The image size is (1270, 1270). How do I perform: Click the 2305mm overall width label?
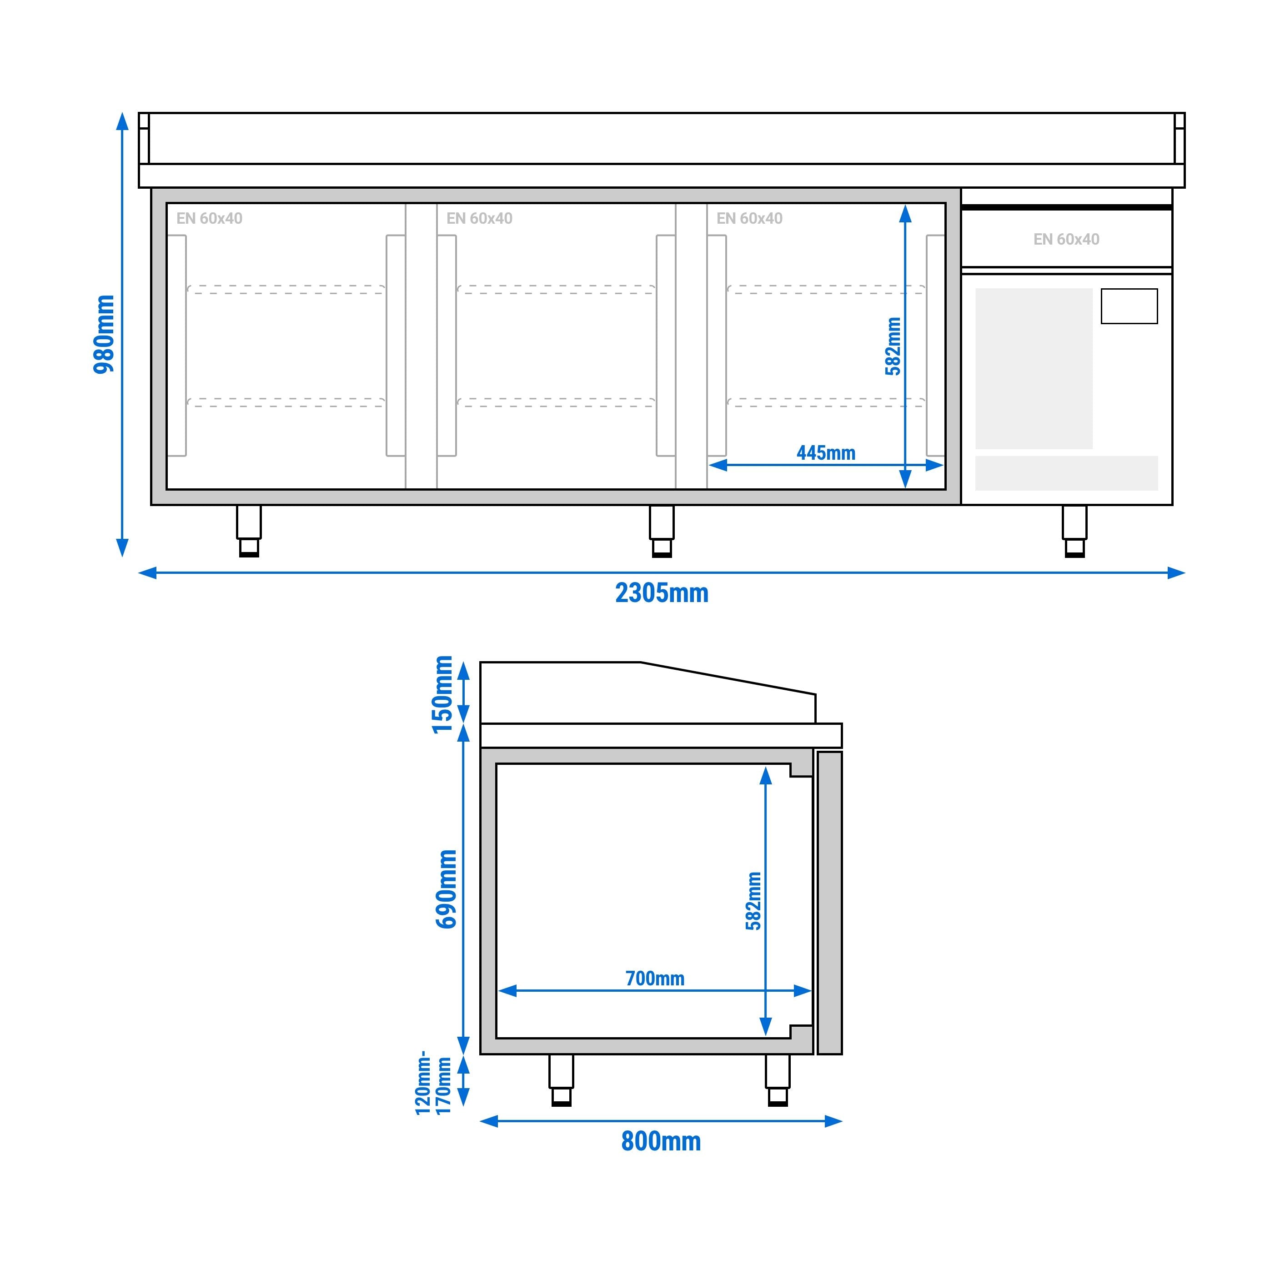tap(661, 593)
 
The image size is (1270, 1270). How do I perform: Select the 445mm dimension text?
tap(826, 453)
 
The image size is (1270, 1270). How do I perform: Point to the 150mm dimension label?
tap(442, 694)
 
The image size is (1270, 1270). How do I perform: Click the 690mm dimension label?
tap(447, 889)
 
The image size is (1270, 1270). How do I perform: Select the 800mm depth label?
tap(661, 1141)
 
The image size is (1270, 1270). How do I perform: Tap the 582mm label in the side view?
tap(753, 901)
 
